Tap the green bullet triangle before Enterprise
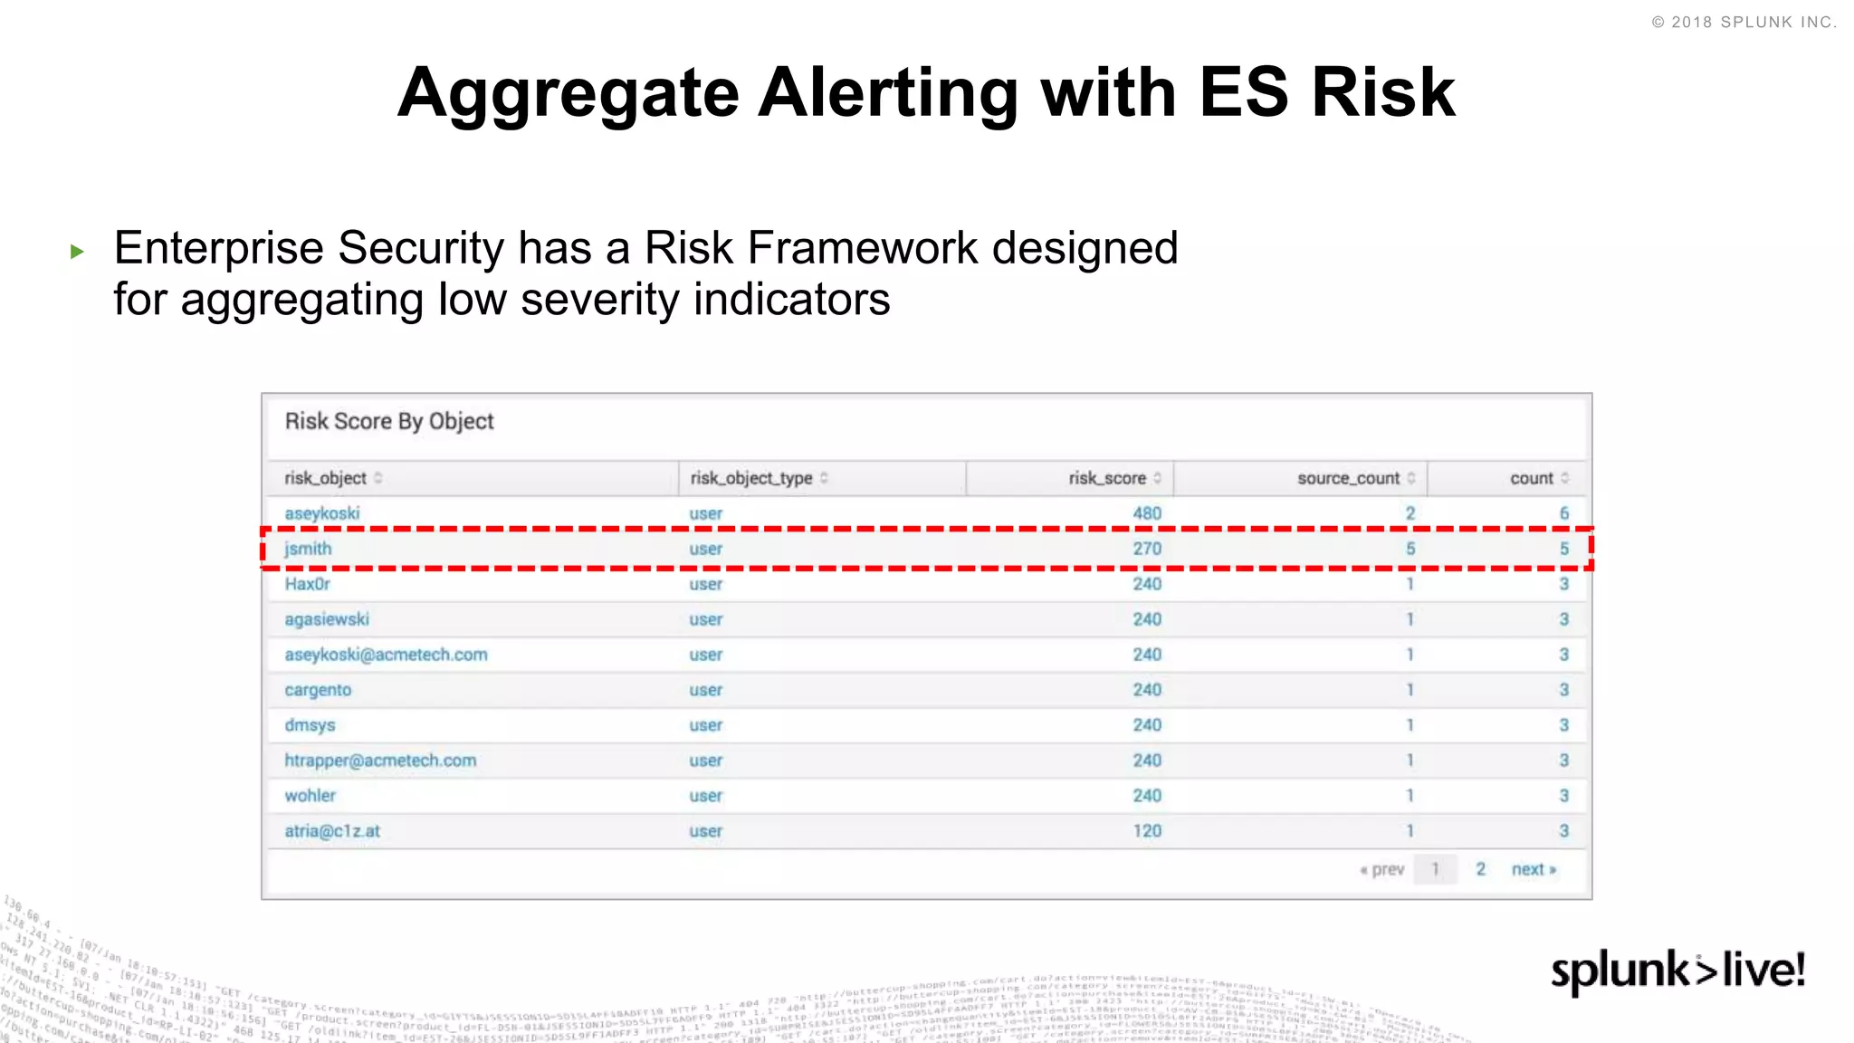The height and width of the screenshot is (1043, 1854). (x=77, y=252)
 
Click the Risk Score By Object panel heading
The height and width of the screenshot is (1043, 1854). (x=389, y=421)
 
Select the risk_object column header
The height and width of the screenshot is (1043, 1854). (x=325, y=478)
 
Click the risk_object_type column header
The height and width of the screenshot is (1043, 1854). (x=750, y=478)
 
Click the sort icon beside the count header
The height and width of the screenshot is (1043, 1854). (x=1565, y=478)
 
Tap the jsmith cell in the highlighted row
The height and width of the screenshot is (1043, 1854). (x=308, y=549)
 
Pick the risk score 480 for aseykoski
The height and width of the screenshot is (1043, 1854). (x=1146, y=513)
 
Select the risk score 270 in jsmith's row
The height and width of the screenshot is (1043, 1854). (x=1146, y=549)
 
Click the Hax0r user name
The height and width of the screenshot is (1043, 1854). (x=307, y=584)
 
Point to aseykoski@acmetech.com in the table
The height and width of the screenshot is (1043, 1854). (x=386, y=655)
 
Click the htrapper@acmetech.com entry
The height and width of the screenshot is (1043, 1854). (x=380, y=761)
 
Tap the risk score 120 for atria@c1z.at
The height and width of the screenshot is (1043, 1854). (x=1146, y=831)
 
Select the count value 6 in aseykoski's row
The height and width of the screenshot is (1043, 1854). (x=1563, y=513)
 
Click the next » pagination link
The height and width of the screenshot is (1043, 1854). (x=1534, y=869)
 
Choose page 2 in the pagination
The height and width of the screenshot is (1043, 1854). (x=1480, y=869)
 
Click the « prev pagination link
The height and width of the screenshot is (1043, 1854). (x=1382, y=869)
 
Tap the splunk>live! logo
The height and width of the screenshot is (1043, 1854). (x=1677, y=971)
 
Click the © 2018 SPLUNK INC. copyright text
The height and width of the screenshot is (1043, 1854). (x=1744, y=23)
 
